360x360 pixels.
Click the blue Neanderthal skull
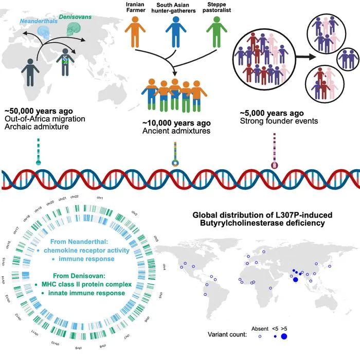[x=44, y=32]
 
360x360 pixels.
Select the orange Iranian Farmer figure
[x=135, y=32]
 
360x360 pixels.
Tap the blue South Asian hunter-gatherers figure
[x=176, y=32]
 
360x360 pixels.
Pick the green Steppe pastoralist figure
[x=217, y=32]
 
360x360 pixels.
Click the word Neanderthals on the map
[x=39, y=21]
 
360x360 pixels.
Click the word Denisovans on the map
[x=75, y=17]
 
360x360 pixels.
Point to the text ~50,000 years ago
[x=39, y=111]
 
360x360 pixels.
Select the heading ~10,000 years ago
[x=176, y=123]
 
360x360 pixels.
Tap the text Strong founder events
[x=279, y=121]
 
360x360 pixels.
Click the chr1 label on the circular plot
[x=100, y=197]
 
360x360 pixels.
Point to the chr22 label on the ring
[x=75, y=197]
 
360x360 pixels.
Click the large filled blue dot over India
[x=296, y=279]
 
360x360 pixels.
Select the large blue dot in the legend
[x=284, y=336]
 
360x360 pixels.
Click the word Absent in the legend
[x=260, y=329]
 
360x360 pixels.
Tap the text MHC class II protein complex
[x=86, y=284]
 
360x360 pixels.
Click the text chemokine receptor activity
[x=86, y=250]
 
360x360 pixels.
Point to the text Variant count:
[x=227, y=334]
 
